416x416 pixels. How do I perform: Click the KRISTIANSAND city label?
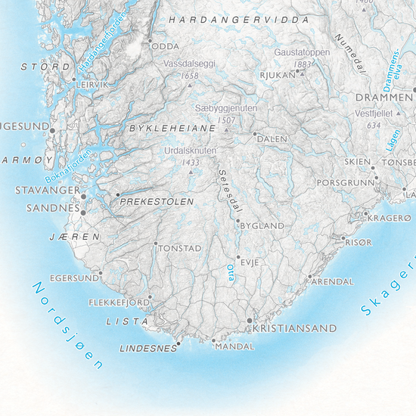click(x=294, y=329)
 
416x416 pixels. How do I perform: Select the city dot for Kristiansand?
click(x=250, y=321)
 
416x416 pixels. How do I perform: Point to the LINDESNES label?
click(x=146, y=349)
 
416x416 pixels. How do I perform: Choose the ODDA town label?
click(x=166, y=46)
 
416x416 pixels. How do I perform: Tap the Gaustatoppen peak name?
click(x=302, y=53)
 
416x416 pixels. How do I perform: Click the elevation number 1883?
click(x=303, y=65)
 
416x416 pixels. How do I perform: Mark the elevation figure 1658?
click(x=190, y=76)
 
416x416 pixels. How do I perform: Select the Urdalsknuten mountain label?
click(x=190, y=151)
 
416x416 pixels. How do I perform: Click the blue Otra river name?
click(x=231, y=272)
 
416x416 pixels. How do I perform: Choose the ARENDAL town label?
click(x=333, y=281)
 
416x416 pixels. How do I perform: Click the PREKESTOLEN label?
click(x=157, y=203)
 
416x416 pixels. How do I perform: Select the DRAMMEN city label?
click(x=386, y=99)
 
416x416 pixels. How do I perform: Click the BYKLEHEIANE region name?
click(x=163, y=130)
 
